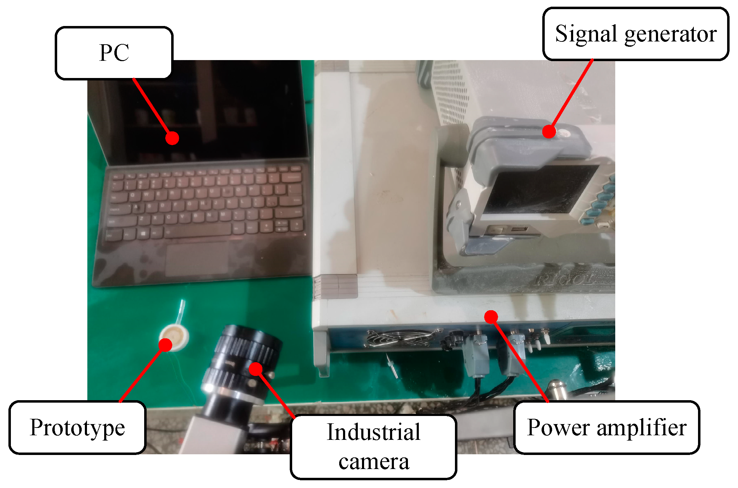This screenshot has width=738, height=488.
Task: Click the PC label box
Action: coord(114,53)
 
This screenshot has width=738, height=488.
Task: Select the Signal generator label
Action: coord(636,34)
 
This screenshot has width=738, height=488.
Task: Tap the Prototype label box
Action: coord(77,428)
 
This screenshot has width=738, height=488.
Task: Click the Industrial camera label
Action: coord(374,447)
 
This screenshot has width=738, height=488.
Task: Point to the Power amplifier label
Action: coord(607,428)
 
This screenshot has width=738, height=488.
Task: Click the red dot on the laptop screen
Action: coord(172,138)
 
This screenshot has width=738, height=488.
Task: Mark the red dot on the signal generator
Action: coord(549,131)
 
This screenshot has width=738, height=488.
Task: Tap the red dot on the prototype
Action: coord(165,345)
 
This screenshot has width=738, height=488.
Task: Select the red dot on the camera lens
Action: coord(256,369)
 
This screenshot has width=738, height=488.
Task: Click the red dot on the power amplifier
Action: coord(491,317)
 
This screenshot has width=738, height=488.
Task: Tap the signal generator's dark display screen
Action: coord(540,190)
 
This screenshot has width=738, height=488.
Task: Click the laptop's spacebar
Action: coord(198,230)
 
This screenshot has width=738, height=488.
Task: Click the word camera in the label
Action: coord(374,462)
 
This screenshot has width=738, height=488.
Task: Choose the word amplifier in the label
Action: coord(642,428)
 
